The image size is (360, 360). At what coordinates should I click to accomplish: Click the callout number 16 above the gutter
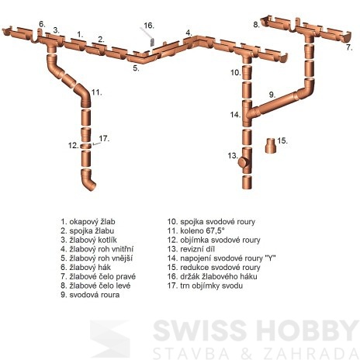click(x=149, y=26)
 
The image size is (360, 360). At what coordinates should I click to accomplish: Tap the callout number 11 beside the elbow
click(x=97, y=92)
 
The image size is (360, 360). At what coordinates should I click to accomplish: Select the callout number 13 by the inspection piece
click(x=233, y=156)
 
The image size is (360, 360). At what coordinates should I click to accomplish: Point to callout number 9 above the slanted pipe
click(x=272, y=95)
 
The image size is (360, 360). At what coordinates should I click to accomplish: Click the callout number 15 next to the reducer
click(x=282, y=140)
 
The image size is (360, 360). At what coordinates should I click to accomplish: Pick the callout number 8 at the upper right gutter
click(x=256, y=25)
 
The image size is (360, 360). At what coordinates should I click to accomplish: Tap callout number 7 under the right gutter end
click(x=349, y=47)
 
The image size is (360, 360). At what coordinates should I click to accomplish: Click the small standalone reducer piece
click(x=271, y=145)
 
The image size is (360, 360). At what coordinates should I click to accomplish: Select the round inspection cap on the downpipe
click(x=242, y=163)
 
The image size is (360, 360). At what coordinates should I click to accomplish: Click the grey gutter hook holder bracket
click(x=152, y=42)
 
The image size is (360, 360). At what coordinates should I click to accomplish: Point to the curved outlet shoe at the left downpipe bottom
click(x=88, y=180)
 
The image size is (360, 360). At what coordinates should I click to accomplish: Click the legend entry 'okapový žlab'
click(x=88, y=222)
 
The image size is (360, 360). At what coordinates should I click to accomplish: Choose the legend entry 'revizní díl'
click(x=191, y=249)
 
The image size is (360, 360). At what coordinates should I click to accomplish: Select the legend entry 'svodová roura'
click(x=90, y=295)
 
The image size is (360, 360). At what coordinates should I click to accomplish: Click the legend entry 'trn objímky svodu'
click(x=205, y=286)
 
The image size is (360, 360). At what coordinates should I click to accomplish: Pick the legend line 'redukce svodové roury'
click(x=213, y=268)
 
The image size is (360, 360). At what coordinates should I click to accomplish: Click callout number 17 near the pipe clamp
click(x=104, y=139)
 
